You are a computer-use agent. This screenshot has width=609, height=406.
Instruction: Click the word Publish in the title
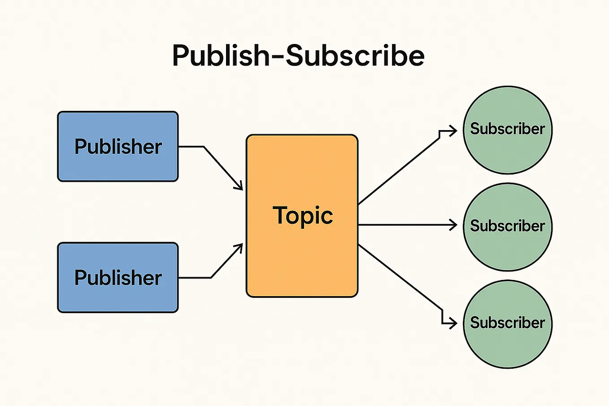[x=220, y=56]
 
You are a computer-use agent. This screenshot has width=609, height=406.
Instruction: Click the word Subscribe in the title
[x=355, y=56]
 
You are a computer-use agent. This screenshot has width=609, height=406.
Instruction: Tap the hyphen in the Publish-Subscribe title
[x=276, y=57]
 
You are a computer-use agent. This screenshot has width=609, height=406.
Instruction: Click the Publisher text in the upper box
[x=118, y=147]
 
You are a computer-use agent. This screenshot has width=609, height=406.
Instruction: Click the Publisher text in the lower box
[x=118, y=278]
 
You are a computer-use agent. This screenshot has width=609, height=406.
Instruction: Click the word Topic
[x=303, y=216]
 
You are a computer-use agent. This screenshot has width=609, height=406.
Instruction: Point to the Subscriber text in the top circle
[x=507, y=129]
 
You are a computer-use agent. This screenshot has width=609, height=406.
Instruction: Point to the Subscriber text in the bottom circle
[x=507, y=323]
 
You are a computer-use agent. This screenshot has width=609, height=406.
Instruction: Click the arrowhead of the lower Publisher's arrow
[x=239, y=247]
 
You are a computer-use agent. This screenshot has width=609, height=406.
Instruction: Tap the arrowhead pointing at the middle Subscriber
[x=453, y=225]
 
